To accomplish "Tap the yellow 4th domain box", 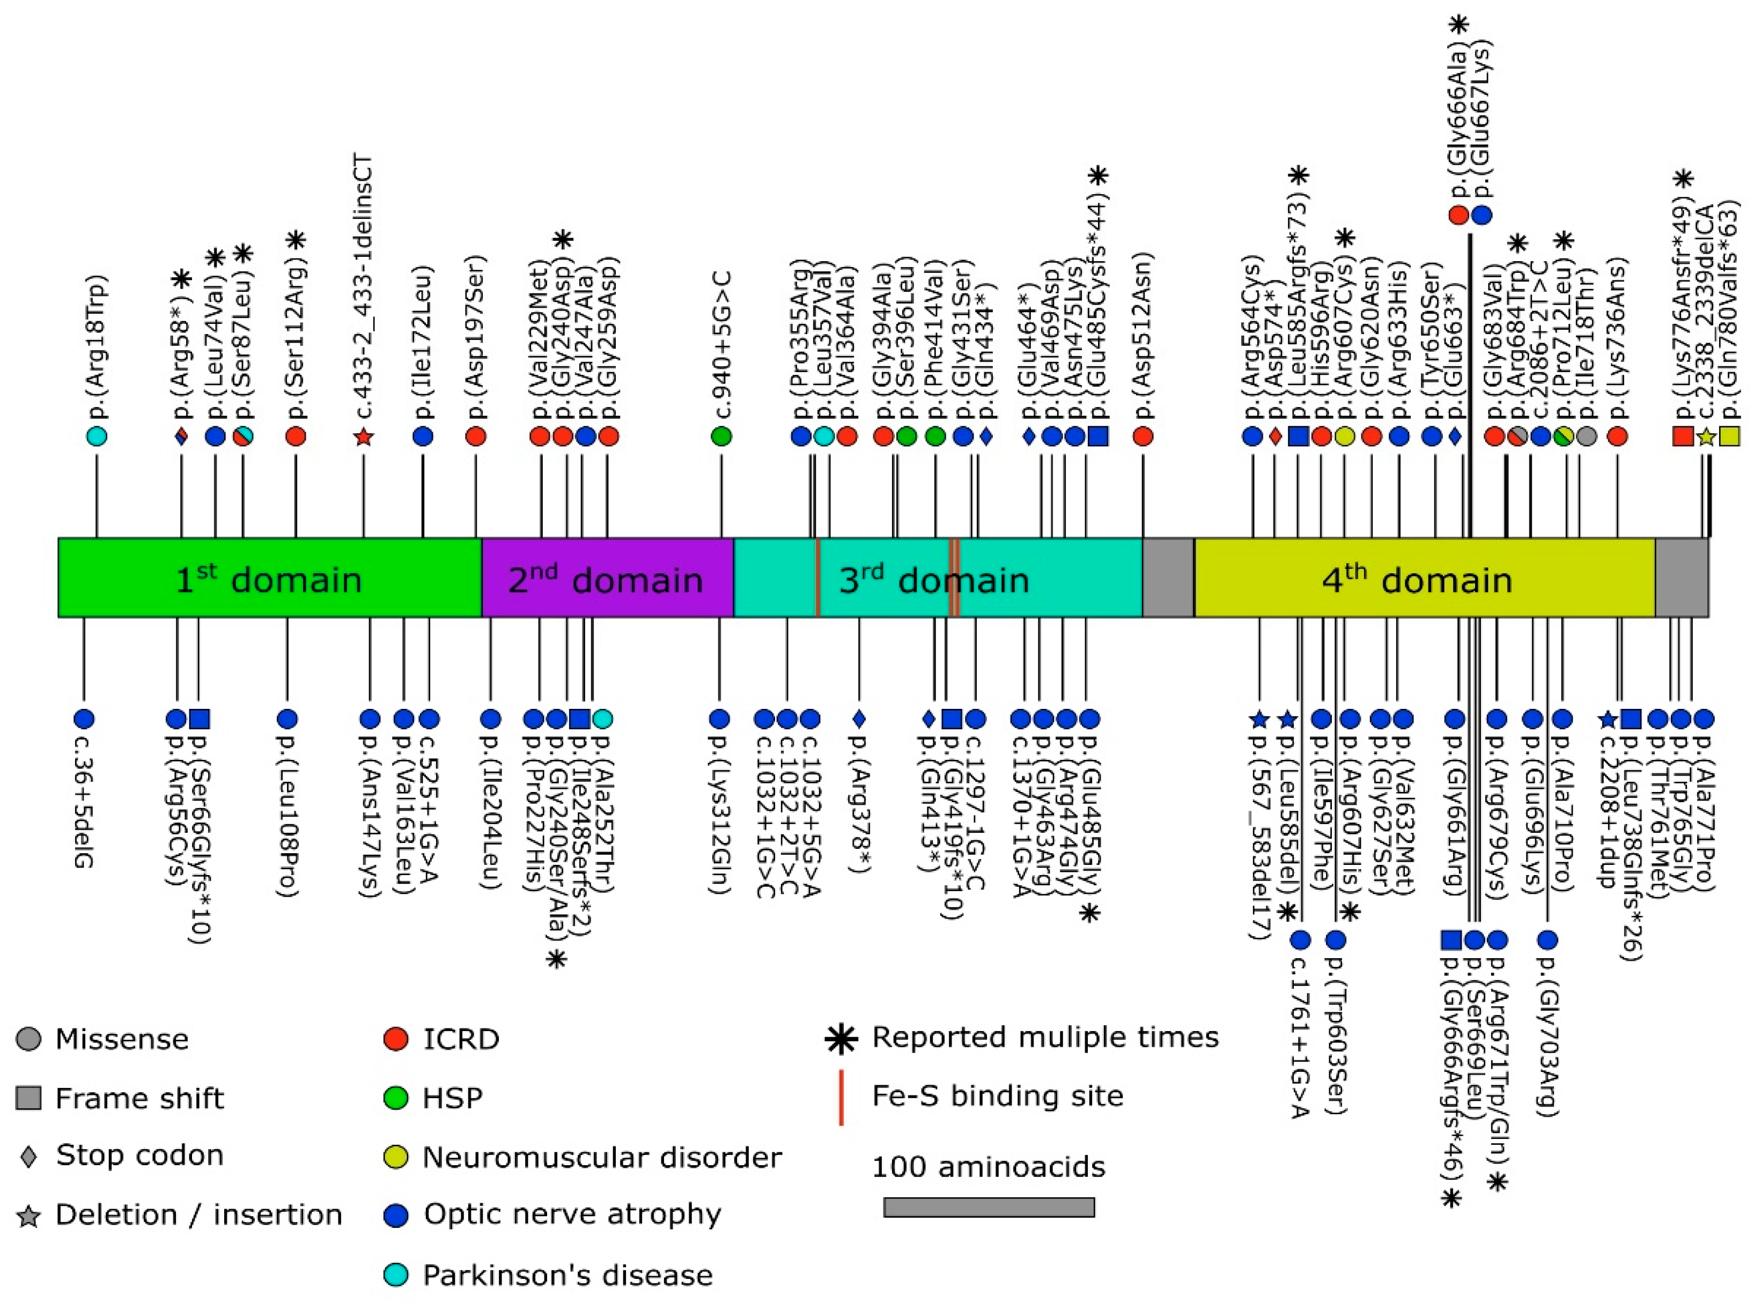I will point(1424,578).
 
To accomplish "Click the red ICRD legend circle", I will point(395,1039).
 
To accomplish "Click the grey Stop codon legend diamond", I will point(28,1156).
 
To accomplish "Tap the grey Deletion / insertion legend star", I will point(28,1216).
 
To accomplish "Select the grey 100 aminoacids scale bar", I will point(989,1208).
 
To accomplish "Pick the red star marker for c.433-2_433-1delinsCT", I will point(364,436).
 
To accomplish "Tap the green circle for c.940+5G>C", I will point(721,435).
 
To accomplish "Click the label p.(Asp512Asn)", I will point(1143,339).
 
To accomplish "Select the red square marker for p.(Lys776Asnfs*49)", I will point(1683,435).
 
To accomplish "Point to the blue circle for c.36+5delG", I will point(84,719).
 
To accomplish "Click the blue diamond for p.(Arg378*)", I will point(859,719).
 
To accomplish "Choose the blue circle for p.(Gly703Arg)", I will point(1547,939).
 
